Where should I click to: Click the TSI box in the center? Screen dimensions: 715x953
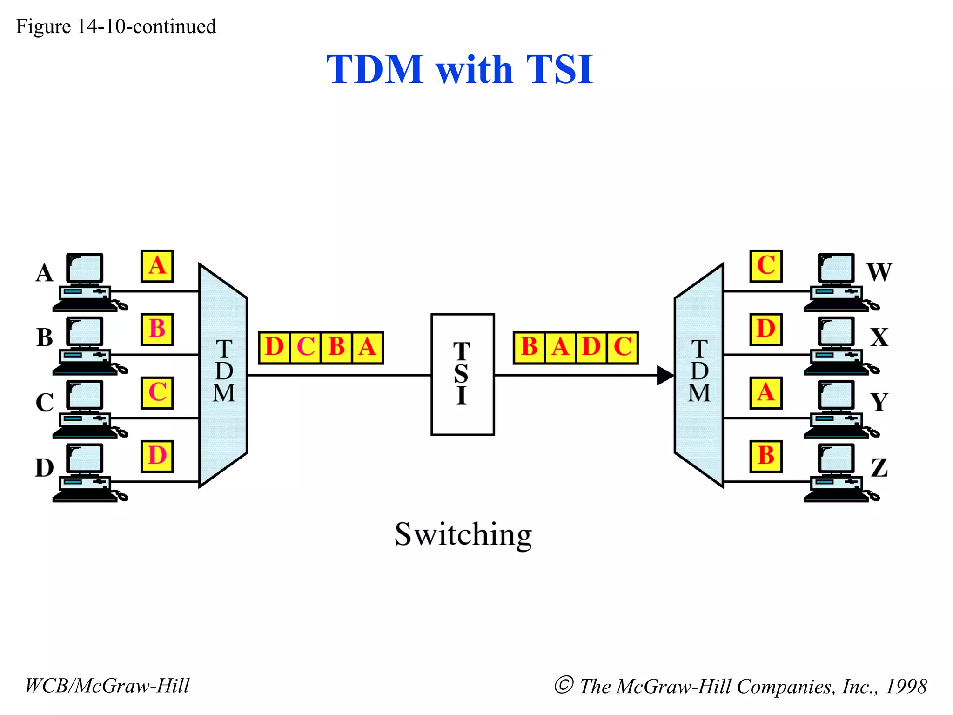pos(463,374)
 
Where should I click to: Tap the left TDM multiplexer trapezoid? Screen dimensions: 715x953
pos(223,375)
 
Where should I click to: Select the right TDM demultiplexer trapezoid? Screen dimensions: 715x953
pos(699,375)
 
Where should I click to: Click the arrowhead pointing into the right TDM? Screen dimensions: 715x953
pos(665,375)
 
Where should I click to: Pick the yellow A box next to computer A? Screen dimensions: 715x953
pos(157,266)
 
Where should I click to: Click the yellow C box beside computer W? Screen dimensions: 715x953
pos(766,266)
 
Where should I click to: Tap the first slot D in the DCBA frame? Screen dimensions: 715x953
pos(275,347)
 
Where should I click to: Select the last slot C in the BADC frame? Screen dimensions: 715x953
pos(623,347)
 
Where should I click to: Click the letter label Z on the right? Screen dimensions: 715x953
pos(879,468)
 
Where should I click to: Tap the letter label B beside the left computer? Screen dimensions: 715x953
pos(45,337)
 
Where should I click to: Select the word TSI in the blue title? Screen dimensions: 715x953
pos(559,70)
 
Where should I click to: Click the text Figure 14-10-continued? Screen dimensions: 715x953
pos(116,27)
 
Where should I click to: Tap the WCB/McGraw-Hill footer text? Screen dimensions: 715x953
pos(107,686)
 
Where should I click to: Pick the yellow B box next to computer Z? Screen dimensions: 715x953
pos(766,456)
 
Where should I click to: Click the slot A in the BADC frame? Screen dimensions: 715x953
pos(560,347)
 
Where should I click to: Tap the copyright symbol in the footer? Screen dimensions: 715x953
pos(564,685)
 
